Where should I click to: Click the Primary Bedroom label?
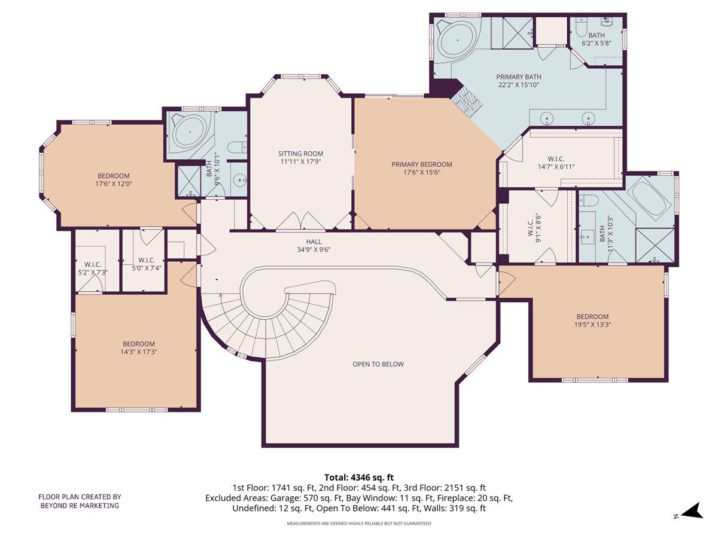tap(421, 168)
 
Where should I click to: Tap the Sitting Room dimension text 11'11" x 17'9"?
tap(300, 161)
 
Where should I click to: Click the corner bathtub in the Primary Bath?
tap(457, 40)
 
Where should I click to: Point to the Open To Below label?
tap(378, 364)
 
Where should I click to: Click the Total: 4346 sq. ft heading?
tap(359, 477)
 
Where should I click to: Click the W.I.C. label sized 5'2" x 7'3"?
tap(93, 268)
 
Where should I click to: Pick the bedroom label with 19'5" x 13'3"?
tap(592, 320)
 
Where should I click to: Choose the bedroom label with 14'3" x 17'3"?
tap(139, 348)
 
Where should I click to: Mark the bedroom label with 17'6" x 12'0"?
tap(114, 180)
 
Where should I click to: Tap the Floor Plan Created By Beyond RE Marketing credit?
tap(80, 501)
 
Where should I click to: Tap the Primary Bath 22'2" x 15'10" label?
tap(518, 81)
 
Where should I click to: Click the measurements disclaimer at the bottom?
tap(359, 524)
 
